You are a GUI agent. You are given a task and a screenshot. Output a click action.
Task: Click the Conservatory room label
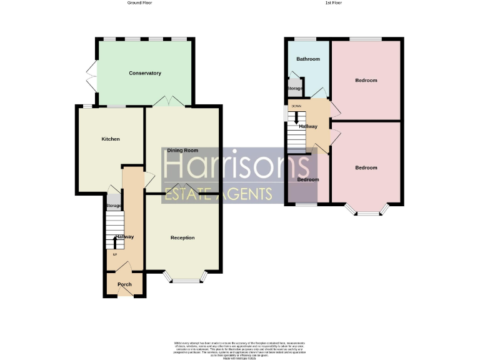pyautogui.click(x=145, y=73)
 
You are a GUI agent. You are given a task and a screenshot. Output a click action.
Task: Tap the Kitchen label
pyautogui.click(x=111, y=139)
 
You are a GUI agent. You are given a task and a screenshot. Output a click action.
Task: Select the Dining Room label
pyautogui.click(x=182, y=150)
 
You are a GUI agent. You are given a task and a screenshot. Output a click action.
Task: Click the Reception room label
pyautogui.click(x=182, y=237)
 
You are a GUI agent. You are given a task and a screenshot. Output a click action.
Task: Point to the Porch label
pyautogui.click(x=124, y=284)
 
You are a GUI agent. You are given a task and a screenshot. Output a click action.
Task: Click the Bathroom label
pyautogui.click(x=308, y=59)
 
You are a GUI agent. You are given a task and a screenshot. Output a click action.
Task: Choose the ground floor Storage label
pyautogui.click(x=113, y=206)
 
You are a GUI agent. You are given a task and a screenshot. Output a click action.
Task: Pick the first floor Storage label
pyautogui.click(x=294, y=89)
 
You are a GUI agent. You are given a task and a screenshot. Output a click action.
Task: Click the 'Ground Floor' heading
pyautogui.click(x=139, y=3)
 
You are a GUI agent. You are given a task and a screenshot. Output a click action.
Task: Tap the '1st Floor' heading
pyautogui.click(x=333, y=3)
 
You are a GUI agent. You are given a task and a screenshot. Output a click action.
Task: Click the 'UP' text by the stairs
pyautogui.click(x=114, y=254)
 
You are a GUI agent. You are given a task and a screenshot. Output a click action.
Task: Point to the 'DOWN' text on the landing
pyautogui.click(x=296, y=106)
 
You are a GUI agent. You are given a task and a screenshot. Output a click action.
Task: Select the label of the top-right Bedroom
pyautogui.click(x=366, y=81)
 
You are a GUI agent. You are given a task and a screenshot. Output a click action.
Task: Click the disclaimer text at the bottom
pyautogui.click(x=239, y=349)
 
